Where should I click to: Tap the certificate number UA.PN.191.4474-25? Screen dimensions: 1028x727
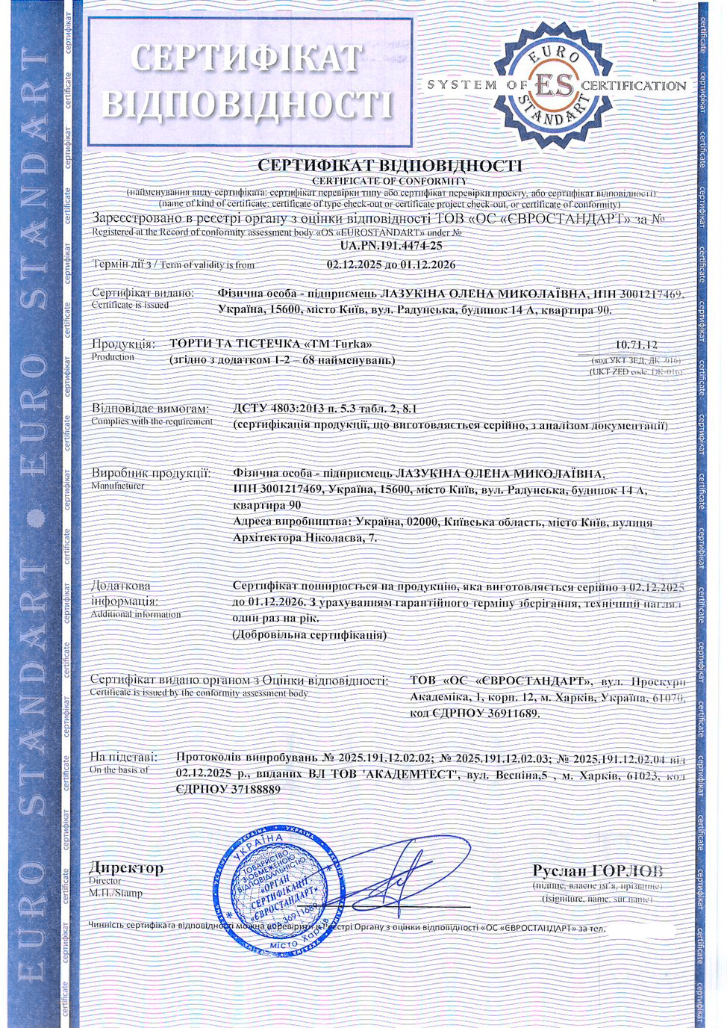point(391,245)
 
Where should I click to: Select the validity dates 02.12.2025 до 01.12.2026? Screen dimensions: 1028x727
point(391,264)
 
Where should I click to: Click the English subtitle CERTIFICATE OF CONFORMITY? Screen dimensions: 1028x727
point(390,181)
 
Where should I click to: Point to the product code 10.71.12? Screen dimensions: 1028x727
point(636,344)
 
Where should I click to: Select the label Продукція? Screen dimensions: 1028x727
point(123,344)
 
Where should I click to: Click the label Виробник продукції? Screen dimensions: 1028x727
point(151,473)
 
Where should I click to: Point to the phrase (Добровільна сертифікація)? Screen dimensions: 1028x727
point(310,635)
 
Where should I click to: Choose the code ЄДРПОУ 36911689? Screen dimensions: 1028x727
point(474,713)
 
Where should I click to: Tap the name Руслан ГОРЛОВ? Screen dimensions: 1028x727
point(597,870)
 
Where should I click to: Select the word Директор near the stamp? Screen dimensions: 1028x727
point(126,868)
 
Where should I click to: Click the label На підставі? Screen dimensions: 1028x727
point(124,757)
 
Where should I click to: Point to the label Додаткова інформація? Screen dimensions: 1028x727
point(124,593)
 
